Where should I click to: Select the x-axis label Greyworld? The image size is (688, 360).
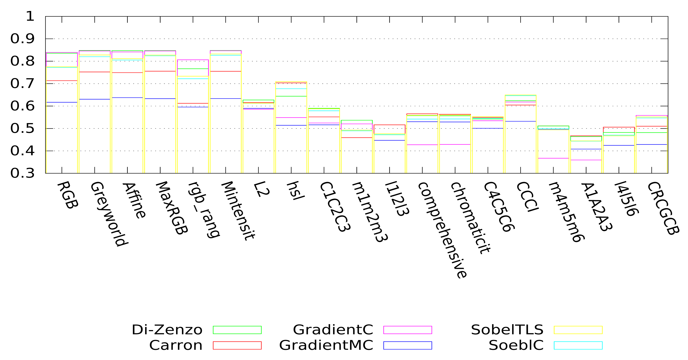[109, 214]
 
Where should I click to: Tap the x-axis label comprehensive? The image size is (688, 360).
[442, 230]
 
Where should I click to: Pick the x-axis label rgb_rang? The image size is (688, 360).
[204, 210]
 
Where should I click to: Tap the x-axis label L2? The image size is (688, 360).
[261, 189]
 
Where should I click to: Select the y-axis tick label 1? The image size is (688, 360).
[30, 17]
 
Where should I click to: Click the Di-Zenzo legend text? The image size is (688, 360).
[167, 330]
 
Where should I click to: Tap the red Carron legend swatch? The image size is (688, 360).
[237, 345]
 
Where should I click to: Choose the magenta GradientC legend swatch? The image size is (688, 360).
[408, 330]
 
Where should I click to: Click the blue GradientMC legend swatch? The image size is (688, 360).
[408, 345]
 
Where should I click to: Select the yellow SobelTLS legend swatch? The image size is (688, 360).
[578, 330]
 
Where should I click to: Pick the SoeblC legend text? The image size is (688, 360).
[516, 345]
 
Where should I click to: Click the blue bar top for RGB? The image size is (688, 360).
[62, 102]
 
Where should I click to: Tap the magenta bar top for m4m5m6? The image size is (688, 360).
[553, 158]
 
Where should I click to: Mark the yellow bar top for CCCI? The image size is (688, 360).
[521, 95]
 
